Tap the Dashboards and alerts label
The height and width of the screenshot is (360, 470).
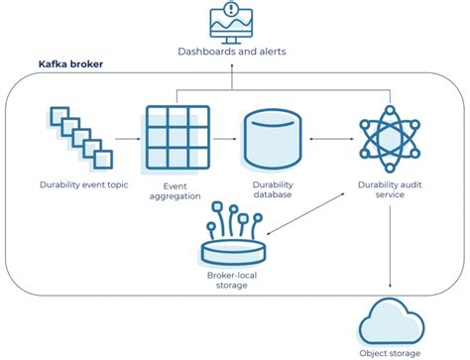tap(232, 52)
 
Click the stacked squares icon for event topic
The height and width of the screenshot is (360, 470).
tap(74, 139)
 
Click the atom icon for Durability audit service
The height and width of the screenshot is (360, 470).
tap(389, 139)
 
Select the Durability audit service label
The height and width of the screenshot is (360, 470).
tap(390, 190)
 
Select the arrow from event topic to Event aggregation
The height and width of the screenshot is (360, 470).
tap(125, 139)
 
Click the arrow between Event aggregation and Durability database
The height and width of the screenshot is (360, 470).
tap(222, 139)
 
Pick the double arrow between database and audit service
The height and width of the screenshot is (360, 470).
tap(330, 139)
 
